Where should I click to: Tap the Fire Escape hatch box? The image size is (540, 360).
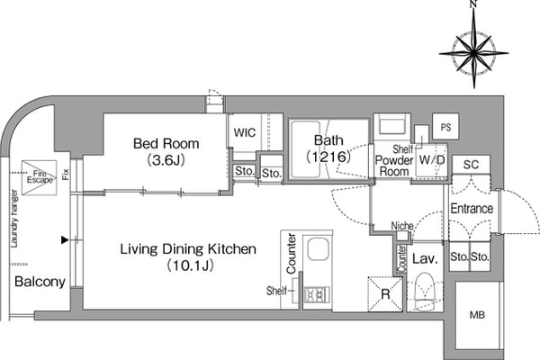(x=39, y=177)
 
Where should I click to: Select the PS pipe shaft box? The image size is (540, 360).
(x=445, y=126)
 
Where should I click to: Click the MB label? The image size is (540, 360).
(x=477, y=314)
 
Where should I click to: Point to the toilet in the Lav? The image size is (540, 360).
(x=425, y=290)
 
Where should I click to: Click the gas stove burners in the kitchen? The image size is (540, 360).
(x=317, y=294)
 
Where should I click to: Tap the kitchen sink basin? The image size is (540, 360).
(x=319, y=249)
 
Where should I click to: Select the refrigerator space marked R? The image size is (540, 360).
(x=385, y=294)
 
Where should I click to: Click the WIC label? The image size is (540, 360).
(x=245, y=132)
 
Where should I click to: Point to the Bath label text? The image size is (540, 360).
(x=328, y=140)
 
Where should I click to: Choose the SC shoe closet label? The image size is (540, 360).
(x=471, y=165)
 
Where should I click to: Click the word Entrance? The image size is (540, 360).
(x=472, y=209)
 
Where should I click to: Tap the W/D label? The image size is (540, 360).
(x=432, y=160)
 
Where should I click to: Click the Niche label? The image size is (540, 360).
(x=402, y=226)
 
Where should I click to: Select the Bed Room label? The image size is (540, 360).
(x=166, y=144)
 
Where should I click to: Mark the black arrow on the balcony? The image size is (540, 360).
(x=65, y=239)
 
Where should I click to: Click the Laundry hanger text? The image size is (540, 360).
(x=14, y=219)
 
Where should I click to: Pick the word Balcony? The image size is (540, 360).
(x=40, y=282)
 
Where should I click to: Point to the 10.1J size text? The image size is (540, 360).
(x=191, y=265)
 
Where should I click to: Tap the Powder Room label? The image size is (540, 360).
(x=394, y=166)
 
